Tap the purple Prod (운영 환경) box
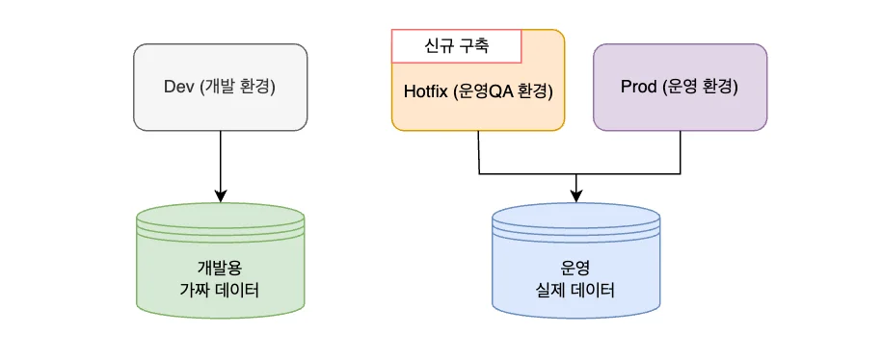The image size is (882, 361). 680,87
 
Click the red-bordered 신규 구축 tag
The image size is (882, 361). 456,45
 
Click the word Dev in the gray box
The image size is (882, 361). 180,87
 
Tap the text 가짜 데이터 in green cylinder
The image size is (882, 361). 220,289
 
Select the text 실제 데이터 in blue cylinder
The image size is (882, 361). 575,289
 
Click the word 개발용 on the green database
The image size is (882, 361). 220,267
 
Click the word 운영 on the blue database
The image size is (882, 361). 575,267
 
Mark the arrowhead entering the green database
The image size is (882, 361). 221,196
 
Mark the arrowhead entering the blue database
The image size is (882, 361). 576,196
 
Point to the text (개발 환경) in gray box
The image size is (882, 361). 240,87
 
